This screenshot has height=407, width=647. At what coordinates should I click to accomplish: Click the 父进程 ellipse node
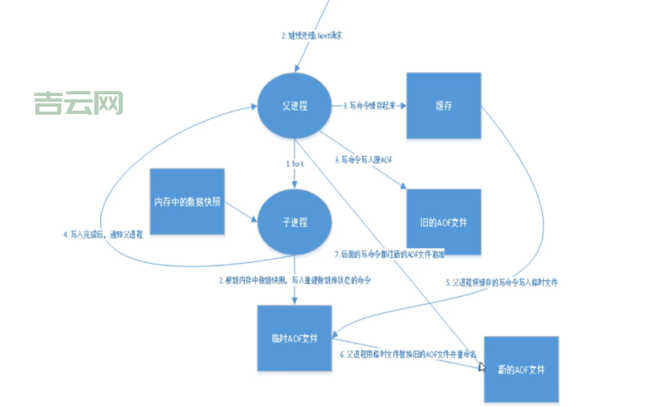(294, 106)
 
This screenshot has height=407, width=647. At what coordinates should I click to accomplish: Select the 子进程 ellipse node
(294, 222)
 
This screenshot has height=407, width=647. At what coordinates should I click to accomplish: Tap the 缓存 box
(444, 104)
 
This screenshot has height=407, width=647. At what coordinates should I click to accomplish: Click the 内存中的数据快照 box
(187, 201)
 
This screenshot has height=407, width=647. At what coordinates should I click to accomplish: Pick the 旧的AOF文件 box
(444, 221)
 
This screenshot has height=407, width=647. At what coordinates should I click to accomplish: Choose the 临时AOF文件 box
(294, 338)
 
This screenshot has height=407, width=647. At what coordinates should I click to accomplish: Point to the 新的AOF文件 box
(522, 369)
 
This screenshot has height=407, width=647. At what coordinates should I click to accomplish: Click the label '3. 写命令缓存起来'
(371, 105)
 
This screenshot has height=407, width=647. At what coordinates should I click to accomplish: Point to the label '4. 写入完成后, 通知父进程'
(103, 234)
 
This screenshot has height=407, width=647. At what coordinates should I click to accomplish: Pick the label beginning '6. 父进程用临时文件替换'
(407, 356)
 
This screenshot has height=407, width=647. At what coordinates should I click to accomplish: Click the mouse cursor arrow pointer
(483, 367)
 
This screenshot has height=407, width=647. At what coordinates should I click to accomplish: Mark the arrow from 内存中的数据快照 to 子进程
(240, 213)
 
